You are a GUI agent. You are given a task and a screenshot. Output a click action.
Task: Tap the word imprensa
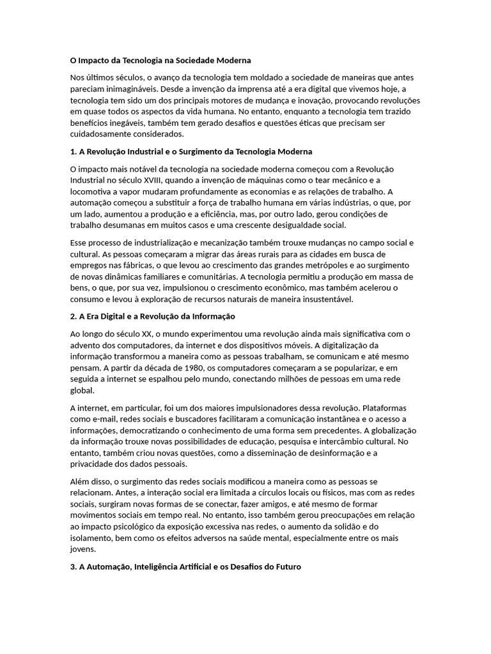point(263,89)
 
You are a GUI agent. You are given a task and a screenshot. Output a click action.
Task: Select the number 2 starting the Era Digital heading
point(72,316)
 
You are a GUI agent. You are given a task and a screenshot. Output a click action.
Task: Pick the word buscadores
point(203,419)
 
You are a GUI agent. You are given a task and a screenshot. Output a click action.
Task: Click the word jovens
point(82,549)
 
